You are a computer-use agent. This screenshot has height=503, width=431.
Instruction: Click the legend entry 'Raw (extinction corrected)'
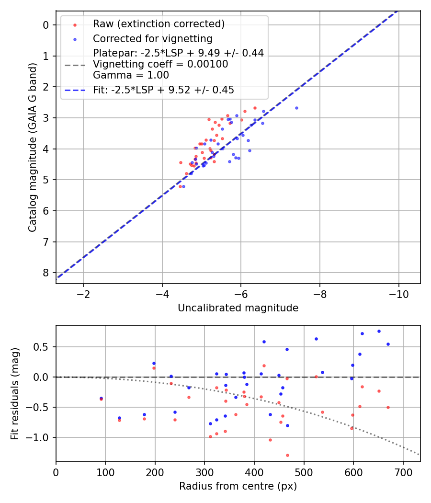pos(159,24)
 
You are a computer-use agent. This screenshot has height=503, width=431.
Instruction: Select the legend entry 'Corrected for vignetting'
pos(152,38)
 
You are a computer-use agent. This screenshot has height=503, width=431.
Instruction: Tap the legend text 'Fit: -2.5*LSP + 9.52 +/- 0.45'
pos(163,90)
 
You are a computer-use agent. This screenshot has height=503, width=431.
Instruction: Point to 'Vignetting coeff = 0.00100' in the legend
pos(160,64)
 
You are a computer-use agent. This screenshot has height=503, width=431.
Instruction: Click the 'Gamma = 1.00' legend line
pos(131,75)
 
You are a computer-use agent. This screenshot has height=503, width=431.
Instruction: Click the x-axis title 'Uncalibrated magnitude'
pos(238,308)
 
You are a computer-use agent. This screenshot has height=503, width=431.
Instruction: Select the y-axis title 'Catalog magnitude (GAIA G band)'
pos(33,147)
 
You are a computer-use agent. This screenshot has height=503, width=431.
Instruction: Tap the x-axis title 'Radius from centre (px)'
pos(238,486)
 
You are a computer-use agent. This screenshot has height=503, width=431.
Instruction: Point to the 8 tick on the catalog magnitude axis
pos(46,273)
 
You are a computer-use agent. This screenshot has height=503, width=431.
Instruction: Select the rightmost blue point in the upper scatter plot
pos(296,108)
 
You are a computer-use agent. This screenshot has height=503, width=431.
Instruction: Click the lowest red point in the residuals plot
pos(287,455)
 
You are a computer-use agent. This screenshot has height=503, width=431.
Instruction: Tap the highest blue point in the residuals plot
pos(379,331)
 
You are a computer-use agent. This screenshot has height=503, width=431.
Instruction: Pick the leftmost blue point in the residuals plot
pos(101,398)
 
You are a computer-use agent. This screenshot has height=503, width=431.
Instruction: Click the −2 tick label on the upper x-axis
pos(83,294)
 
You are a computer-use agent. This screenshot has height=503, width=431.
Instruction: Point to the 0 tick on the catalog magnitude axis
pos(46,25)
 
